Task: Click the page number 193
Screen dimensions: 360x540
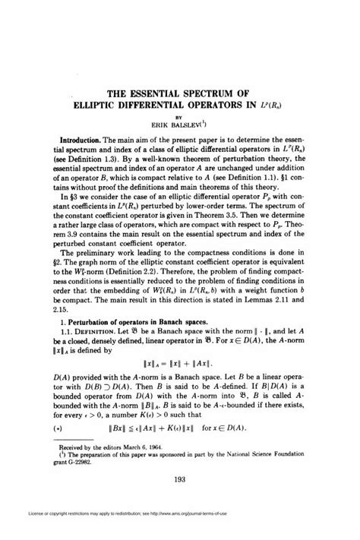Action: (180, 478)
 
